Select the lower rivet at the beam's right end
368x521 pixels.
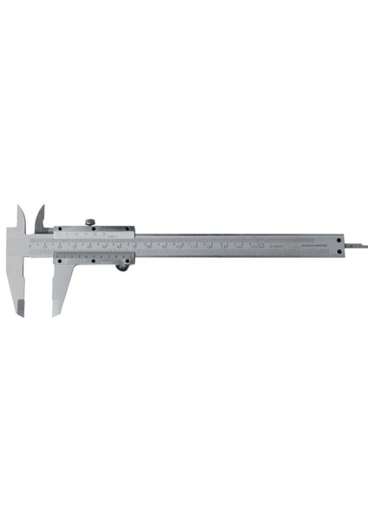pos(338,251)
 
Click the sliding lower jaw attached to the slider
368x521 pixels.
pos(60,287)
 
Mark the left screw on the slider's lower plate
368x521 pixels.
pos(58,259)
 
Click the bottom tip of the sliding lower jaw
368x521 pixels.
pos(56,313)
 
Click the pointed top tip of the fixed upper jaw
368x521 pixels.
pos(18,207)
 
